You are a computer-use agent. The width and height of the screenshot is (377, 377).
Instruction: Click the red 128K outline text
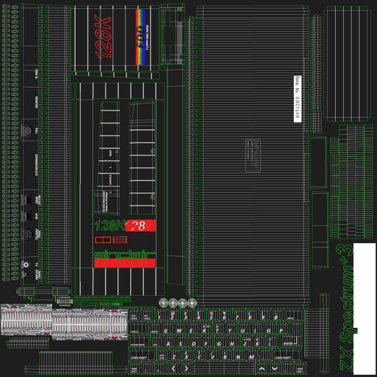coord(104,38)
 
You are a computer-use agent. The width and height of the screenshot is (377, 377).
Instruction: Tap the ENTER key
coord(290,344)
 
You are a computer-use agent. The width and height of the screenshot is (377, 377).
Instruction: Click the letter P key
coord(270,331)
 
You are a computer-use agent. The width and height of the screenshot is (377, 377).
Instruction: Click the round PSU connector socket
coord(27,133)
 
